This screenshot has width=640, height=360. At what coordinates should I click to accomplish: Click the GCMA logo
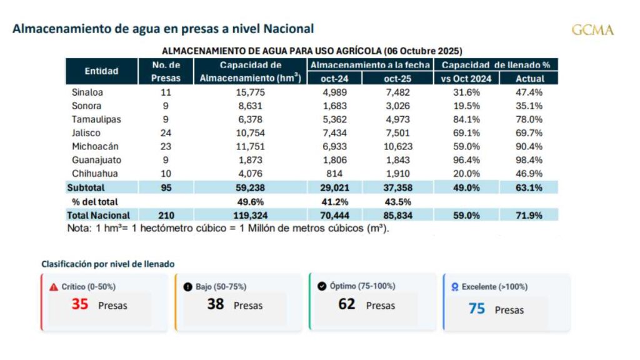pos(592,30)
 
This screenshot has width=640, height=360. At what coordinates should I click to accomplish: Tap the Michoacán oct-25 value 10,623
pos(396,146)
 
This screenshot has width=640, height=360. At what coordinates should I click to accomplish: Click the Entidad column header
pos(101,71)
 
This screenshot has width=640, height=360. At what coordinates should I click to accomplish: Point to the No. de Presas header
pos(166,71)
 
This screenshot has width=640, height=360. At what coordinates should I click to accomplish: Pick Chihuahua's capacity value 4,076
pos(250,173)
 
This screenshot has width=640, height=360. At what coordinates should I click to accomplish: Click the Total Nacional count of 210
pos(166,215)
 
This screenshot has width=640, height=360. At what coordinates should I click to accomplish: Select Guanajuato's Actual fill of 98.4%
pos(529,159)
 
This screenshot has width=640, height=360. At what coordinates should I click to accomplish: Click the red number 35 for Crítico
pos(79,305)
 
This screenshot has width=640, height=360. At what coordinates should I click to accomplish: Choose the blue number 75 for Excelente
pos(477,308)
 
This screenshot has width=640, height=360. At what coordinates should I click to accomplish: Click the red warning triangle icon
pos(54,287)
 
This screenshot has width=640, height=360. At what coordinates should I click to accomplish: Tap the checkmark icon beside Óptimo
pos(322,286)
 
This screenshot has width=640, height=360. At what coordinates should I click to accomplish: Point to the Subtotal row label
pos(86,187)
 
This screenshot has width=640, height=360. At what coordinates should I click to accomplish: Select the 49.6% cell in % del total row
pos(250,201)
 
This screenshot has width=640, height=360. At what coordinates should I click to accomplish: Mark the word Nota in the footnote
pos(78,228)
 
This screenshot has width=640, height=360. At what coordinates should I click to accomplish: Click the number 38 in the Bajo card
pos(216,305)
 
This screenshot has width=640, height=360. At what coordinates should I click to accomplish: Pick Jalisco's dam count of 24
pos(166,132)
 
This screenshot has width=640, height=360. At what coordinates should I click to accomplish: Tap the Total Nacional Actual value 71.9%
pos(529,215)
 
